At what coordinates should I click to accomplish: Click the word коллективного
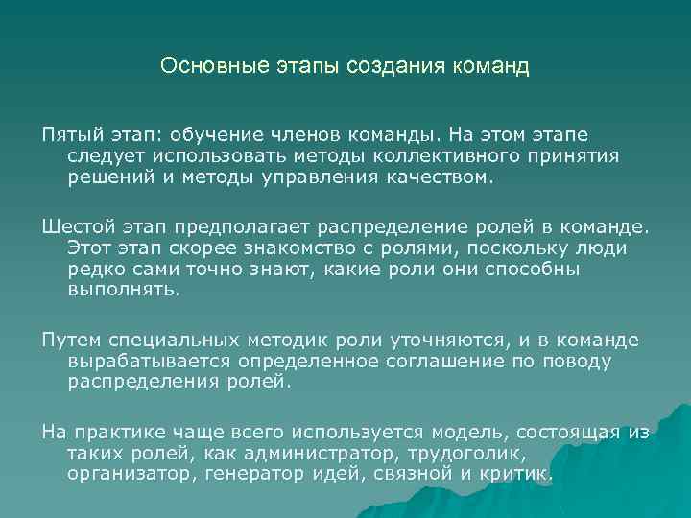tap(438, 155)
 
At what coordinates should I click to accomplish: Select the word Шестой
tap(77, 227)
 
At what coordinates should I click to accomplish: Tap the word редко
tap(93, 270)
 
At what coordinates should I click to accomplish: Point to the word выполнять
tap(123, 291)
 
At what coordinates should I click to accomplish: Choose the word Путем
tap(70, 341)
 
